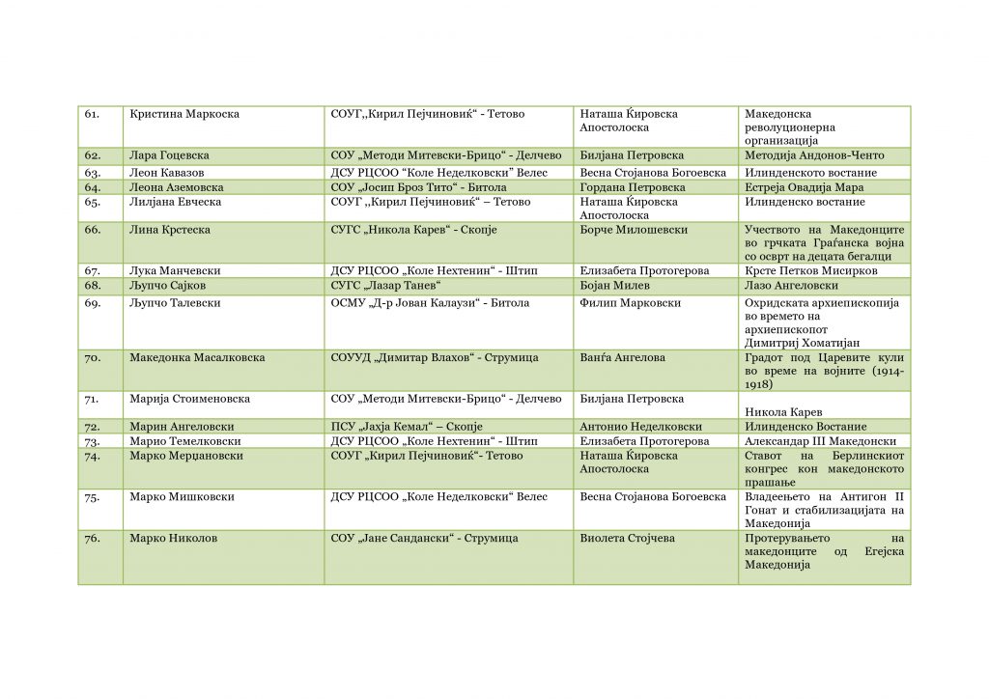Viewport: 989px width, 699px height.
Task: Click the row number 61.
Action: [93, 114]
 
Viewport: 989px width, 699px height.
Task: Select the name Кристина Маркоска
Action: [184, 114]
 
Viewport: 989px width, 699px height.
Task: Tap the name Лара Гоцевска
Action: [169, 155]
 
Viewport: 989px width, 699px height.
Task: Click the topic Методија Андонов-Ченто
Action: [814, 155]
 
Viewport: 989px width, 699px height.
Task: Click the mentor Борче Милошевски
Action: [634, 230]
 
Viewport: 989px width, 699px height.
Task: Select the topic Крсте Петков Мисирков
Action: [811, 271]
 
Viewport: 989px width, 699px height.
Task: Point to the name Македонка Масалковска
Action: [197, 358]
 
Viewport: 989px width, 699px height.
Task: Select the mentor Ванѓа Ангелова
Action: [622, 358]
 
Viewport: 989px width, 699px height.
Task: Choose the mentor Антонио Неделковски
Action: [639, 427]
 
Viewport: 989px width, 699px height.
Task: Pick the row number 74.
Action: [93, 456]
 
